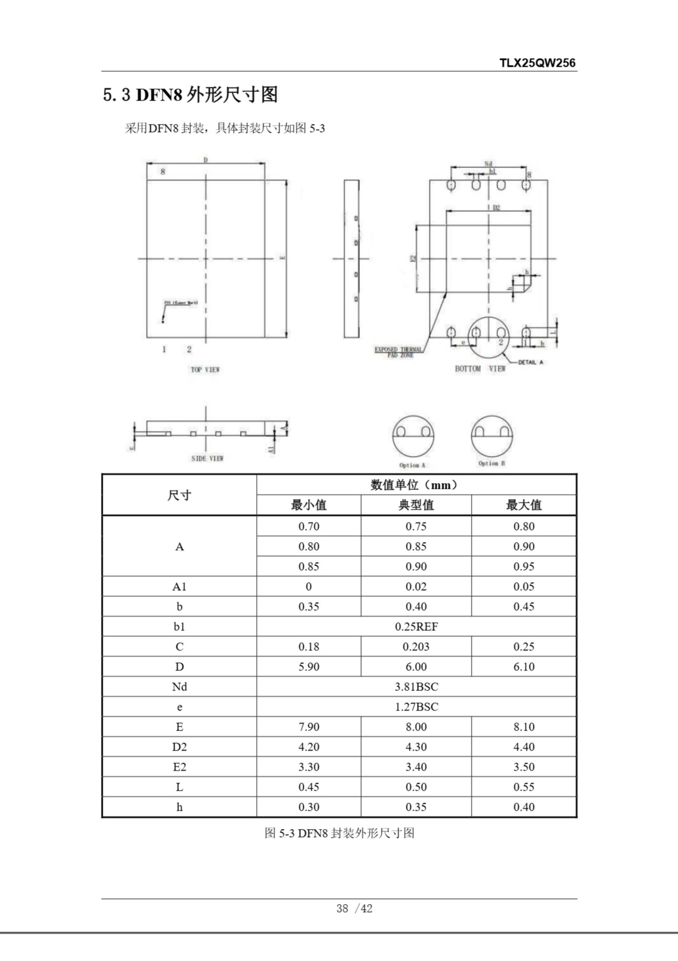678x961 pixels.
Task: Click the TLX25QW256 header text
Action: click(x=537, y=63)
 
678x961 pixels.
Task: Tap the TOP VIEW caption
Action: click(x=205, y=370)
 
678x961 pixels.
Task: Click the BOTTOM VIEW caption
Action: click(x=480, y=368)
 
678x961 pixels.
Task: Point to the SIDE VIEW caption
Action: click(x=207, y=458)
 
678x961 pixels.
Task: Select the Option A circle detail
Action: click(x=413, y=437)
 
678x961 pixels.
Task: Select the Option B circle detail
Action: click(x=492, y=436)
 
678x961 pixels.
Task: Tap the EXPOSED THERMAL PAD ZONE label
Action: click(x=398, y=352)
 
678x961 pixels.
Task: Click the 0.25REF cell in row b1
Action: click(x=416, y=627)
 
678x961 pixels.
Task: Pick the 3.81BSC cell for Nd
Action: click(x=416, y=687)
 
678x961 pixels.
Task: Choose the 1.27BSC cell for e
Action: click(x=416, y=707)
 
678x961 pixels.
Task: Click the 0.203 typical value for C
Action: click(x=416, y=647)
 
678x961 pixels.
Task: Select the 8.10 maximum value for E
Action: click(x=524, y=727)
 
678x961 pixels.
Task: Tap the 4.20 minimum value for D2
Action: click(x=309, y=747)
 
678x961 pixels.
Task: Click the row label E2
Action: click(x=179, y=767)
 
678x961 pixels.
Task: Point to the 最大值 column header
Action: click(x=524, y=505)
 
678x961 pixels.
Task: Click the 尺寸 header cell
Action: click(x=179, y=495)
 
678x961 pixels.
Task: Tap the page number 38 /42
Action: click(x=354, y=908)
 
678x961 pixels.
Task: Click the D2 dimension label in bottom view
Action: click(x=496, y=208)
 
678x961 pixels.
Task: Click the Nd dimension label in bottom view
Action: click(x=488, y=164)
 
